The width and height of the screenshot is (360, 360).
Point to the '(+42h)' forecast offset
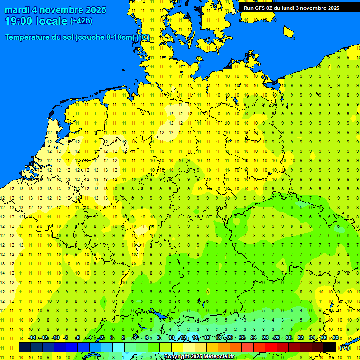click(81, 21)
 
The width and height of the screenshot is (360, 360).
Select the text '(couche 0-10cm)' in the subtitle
click(105, 37)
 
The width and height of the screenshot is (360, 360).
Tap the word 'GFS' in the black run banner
click(260, 8)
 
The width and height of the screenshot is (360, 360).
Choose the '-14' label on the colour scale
click(32, 338)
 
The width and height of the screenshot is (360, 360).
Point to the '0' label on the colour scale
click(112, 338)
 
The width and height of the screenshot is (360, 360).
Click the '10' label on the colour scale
click(172, 338)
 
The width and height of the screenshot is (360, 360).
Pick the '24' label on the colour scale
click(254, 338)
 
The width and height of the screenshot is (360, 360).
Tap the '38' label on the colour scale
click(335, 338)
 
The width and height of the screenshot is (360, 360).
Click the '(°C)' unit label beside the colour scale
click(344, 348)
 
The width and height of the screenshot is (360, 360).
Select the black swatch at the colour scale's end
click(330, 347)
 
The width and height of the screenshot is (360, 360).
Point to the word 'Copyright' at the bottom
click(176, 357)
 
